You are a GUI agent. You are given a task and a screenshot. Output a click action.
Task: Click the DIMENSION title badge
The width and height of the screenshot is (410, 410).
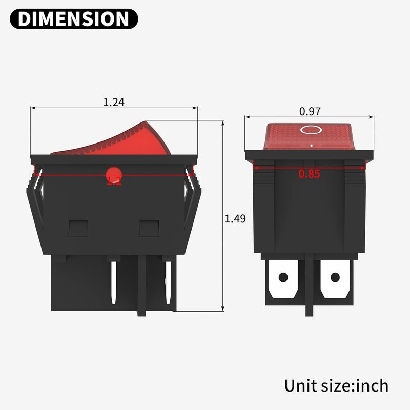click(x=74, y=18)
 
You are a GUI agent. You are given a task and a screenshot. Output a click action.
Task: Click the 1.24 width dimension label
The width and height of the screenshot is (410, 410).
click(x=114, y=102)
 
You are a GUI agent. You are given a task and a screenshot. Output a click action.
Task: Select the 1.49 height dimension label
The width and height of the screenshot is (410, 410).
click(x=235, y=218)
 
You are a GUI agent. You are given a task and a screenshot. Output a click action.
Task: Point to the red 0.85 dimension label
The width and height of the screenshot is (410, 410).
click(x=310, y=174)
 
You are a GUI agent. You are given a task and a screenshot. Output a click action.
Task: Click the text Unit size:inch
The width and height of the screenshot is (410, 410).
click(x=336, y=385)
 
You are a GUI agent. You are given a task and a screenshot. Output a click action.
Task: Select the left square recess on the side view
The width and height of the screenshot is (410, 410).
click(x=78, y=228)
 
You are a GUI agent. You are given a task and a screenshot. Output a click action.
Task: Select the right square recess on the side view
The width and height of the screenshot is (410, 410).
click(x=150, y=228)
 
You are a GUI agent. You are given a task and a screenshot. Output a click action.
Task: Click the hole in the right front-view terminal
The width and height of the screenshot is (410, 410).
click(x=335, y=278)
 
